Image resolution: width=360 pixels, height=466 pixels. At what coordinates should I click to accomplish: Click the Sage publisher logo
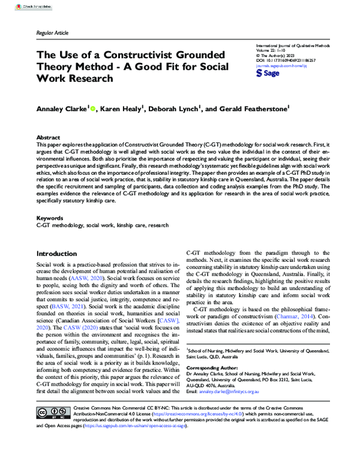(x=268, y=73)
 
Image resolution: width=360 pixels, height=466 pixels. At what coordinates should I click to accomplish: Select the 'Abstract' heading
(x=48, y=137)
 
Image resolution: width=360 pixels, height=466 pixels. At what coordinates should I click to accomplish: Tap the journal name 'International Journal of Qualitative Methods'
(x=293, y=45)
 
